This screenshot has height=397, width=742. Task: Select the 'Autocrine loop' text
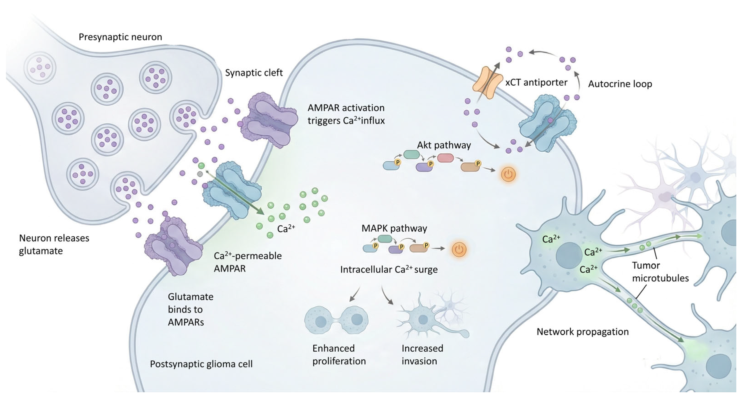point(620,84)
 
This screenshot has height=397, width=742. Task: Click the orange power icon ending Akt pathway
point(508,174)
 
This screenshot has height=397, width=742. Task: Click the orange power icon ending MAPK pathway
point(459,249)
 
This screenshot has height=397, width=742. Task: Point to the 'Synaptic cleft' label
point(254,73)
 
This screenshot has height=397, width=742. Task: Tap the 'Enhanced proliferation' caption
point(339,354)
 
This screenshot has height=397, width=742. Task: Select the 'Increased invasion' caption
point(422,354)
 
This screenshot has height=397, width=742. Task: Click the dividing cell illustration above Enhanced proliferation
point(336,320)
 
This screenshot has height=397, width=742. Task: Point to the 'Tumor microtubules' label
point(660,272)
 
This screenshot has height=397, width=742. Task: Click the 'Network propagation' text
point(582,332)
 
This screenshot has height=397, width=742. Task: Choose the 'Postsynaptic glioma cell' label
point(201,364)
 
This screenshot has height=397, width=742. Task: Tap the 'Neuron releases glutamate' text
point(54,244)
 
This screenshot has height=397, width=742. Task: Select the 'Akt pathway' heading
point(444,145)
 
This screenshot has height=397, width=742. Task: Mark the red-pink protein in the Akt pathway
point(445,158)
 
